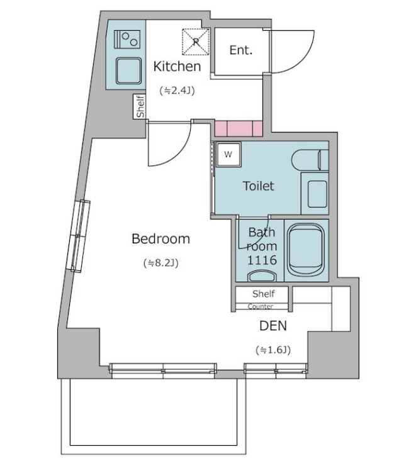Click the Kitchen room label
coord(177,66)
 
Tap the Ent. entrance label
coord(241,50)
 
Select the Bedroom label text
coord(160,238)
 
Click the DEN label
coord(273,326)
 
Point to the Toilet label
coord(259,186)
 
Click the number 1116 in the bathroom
coord(262,260)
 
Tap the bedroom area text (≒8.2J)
coord(161,263)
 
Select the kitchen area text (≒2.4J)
coord(177,91)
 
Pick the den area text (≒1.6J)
coord(273,350)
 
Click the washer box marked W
coord(228,154)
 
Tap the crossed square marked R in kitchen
coord(196,42)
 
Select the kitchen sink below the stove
coord(128,70)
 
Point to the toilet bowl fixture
coord(310,160)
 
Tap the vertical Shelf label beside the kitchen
coord(140,106)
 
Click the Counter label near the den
coord(260,306)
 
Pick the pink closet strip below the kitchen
coord(238,129)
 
